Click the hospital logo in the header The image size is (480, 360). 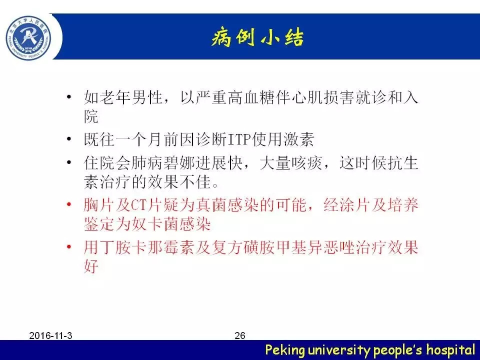tap(28, 38)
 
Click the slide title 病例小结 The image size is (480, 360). tap(258, 38)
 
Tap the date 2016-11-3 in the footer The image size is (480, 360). tap(51, 335)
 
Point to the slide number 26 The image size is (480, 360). tap(240, 335)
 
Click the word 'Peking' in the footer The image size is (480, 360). tap(285, 350)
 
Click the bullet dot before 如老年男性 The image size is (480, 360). tap(69, 97)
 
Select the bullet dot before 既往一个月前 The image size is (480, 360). tap(69, 139)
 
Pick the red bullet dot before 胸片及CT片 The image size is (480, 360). tap(69, 204)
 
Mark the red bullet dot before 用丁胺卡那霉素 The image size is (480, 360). tap(69, 246)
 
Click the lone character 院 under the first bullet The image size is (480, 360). tap(91, 116)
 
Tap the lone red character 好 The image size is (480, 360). tap(91, 265)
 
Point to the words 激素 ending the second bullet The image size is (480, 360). tap(299, 139)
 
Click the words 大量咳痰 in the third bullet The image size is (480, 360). tap(291, 162)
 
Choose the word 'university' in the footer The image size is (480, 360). tap(339, 350)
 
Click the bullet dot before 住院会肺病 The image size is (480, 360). tap(69, 162)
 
